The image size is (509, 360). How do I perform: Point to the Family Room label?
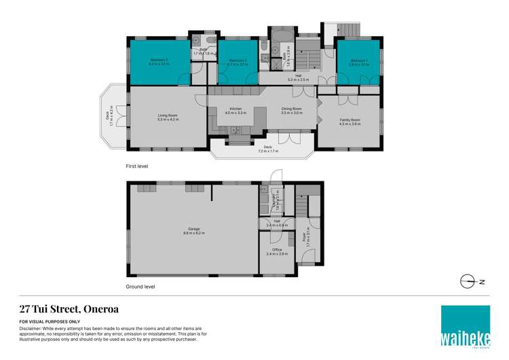[350, 122]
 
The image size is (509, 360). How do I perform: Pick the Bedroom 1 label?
[358, 62]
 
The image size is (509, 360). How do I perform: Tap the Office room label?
[277, 251]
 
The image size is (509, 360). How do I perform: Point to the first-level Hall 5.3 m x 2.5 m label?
[299, 77]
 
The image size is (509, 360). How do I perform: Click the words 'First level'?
[136, 166]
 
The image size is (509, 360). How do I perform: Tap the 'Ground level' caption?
[140, 287]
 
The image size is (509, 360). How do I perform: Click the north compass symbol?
[468, 281]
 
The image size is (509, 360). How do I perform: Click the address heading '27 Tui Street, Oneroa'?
[69, 308]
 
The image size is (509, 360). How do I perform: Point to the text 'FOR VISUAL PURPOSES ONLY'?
[50, 321]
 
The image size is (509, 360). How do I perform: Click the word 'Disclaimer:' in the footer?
[32, 328]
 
